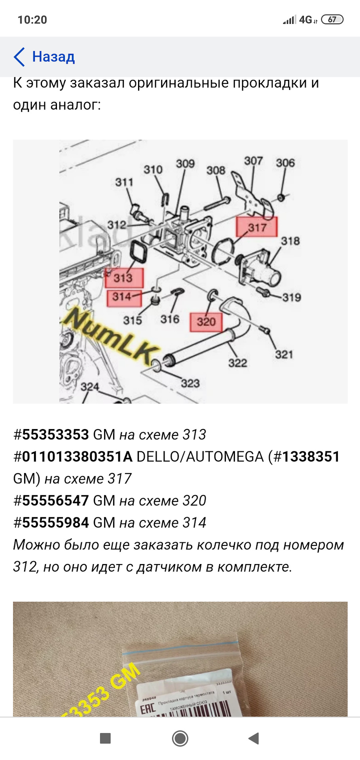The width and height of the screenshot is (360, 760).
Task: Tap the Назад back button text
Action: (x=53, y=57)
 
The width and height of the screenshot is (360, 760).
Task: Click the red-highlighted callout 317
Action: (x=257, y=227)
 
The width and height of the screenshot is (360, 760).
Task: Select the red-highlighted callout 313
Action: (x=124, y=277)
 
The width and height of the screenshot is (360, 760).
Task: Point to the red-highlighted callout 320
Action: (x=206, y=322)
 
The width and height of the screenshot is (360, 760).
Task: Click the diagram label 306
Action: (x=285, y=163)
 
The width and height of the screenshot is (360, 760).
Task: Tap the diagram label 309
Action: (x=185, y=163)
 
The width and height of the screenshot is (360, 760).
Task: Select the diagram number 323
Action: (x=190, y=383)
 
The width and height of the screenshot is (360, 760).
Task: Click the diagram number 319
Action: (x=291, y=297)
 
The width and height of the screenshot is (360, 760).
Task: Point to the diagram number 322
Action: (x=237, y=363)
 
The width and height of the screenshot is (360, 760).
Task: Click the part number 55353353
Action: (x=55, y=435)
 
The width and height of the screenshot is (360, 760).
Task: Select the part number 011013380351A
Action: (x=77, y=457)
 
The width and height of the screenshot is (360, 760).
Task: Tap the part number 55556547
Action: (x=55, y=501)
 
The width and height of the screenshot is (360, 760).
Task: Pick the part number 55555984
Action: (x=55, y=523)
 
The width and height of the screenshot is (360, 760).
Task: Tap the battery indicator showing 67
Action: (x=332, y=19)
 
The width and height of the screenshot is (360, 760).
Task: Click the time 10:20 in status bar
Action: (x=32, y=20)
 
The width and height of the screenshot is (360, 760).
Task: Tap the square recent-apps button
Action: (x=105, y=738)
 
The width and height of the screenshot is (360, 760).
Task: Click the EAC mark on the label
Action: (x=148, y=709)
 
